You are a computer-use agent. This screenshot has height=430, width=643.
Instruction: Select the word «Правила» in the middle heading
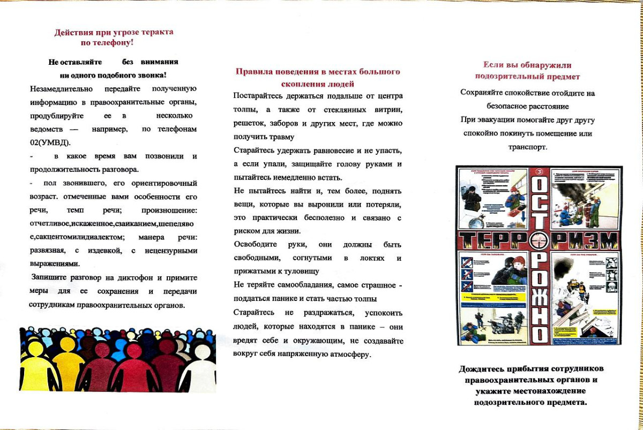click(254, 72)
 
